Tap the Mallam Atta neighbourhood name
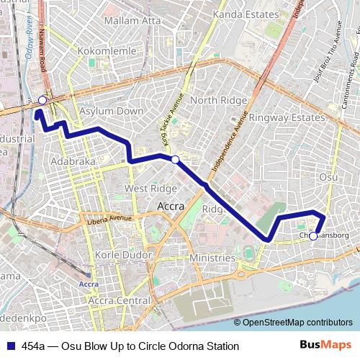pyautogui.click(x=132, y=21)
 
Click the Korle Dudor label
pyautogui.click(x=122, y=256)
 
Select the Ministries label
pyautogui.click(x=212, y=258)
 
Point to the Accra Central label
pyautogui.click(x=120, y=300)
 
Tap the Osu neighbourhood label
pyautogui.click(x=328, y=176)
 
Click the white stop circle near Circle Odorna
pyautogui.click(x=42, y=100)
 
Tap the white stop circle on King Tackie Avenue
pyautogui.click(x=174, y=158)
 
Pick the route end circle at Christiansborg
pyautogui.click(x=313, y=235)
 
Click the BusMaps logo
pyautogui.click(x=326, y=345)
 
